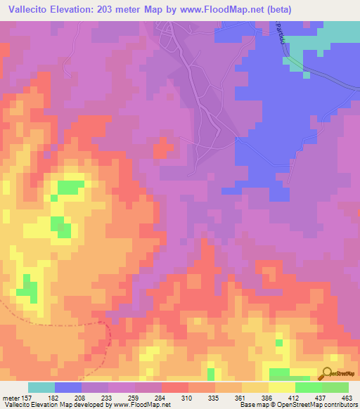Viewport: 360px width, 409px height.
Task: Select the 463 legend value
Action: tap(347, 397)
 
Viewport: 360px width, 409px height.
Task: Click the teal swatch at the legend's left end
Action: tap(41, 387)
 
